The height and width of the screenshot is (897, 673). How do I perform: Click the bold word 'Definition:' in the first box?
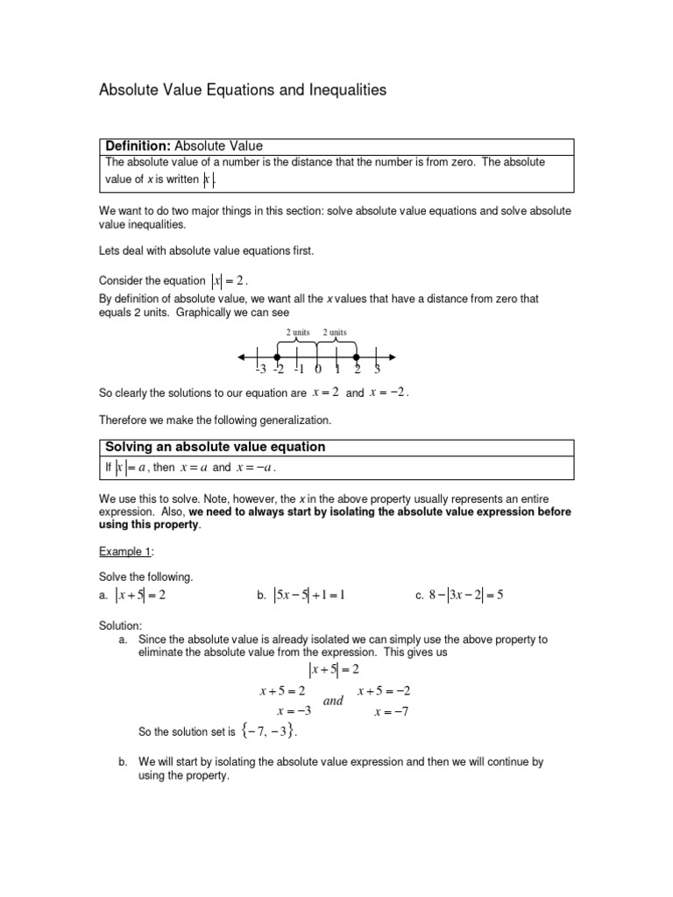click(x=138, y=145)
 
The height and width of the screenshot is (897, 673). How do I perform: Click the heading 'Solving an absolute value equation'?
click(x=215, y=447)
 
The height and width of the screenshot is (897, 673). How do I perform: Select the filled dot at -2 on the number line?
click(x=277, y=357)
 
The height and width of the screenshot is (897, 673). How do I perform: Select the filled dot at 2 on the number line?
click(x=356, y=357)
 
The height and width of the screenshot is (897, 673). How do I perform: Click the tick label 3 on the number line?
click(x=377, y=370)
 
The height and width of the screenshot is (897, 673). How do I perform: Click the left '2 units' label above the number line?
click(x=299, y=332)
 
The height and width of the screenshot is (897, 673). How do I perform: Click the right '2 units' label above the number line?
click(x=335, y=332)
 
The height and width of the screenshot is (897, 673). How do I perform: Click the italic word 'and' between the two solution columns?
click(x=334, y=701)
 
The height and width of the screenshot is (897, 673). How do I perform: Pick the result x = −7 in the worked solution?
click(x=391, y=711)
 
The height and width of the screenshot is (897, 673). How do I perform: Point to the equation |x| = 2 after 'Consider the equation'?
click(x=229, y=280)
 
